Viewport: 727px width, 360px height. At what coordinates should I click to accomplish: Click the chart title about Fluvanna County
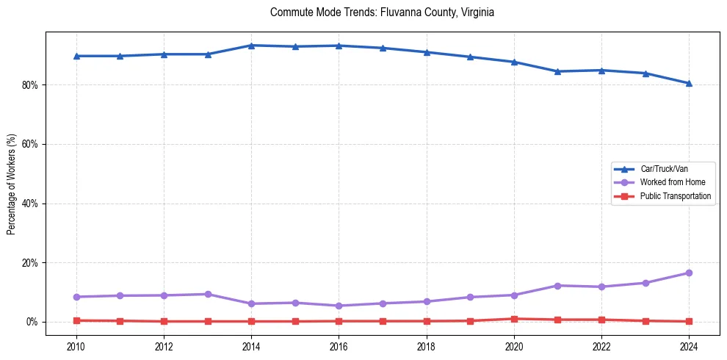pyautogui.click(x=382, y=12)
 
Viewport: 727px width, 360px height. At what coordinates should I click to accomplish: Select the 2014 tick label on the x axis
pyautogui.click(x=251, y=345)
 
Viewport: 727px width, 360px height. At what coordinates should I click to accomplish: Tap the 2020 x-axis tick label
pyautogui.click(x=514, y=345)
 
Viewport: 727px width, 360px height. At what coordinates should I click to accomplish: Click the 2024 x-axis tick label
pyautogui.click(x=689, y=345)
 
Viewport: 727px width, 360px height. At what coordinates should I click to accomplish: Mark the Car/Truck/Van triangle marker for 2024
pyautogui.click(x=689, y=83)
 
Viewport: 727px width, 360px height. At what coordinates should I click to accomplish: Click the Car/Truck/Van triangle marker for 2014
pyautogui.click(x=251, y=46)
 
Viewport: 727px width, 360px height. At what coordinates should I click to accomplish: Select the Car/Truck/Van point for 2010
pyautogui.click(x=76, y=56)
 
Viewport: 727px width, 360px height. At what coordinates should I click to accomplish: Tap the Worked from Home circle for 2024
pyautogui.click(x=689, y=273)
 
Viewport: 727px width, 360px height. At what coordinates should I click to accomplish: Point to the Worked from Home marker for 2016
pyautogui.click(x=339, y=306)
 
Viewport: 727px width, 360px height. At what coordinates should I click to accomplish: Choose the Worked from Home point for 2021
pyautogui.click(x=557, y=285)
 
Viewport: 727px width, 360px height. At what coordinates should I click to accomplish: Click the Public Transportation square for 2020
pyautogui.click(x=514, y=319)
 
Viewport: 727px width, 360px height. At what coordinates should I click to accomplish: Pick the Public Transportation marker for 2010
pyautogui.click(x=76, y=320)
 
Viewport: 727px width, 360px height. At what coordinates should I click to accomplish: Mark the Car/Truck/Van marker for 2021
pyautogui.click(x=557, y=71)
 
